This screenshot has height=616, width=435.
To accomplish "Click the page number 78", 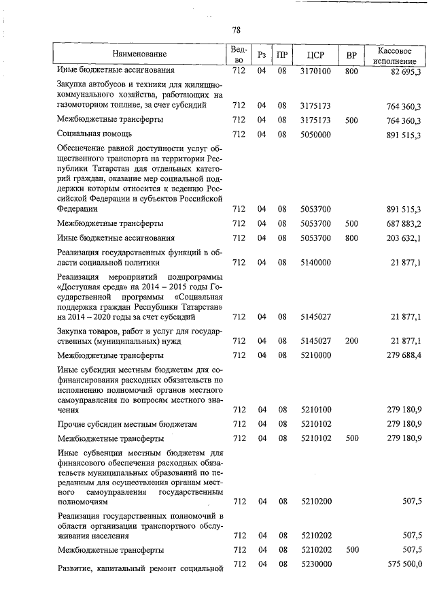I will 236,30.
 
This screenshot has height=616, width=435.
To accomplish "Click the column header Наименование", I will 139,54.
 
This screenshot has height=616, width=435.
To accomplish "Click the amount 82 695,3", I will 406,70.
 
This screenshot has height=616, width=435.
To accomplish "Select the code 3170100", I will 315,70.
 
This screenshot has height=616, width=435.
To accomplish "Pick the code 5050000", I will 315,135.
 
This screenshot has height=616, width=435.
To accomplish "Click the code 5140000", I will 315,262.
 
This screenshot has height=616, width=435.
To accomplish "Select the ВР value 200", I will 351,340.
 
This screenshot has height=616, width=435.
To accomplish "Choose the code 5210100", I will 315,409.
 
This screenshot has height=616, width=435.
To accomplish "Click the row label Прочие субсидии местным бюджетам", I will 127,424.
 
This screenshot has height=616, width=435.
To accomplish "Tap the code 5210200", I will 315,502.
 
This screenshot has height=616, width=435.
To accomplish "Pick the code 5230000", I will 315,564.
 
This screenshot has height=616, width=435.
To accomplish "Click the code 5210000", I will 315,355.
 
